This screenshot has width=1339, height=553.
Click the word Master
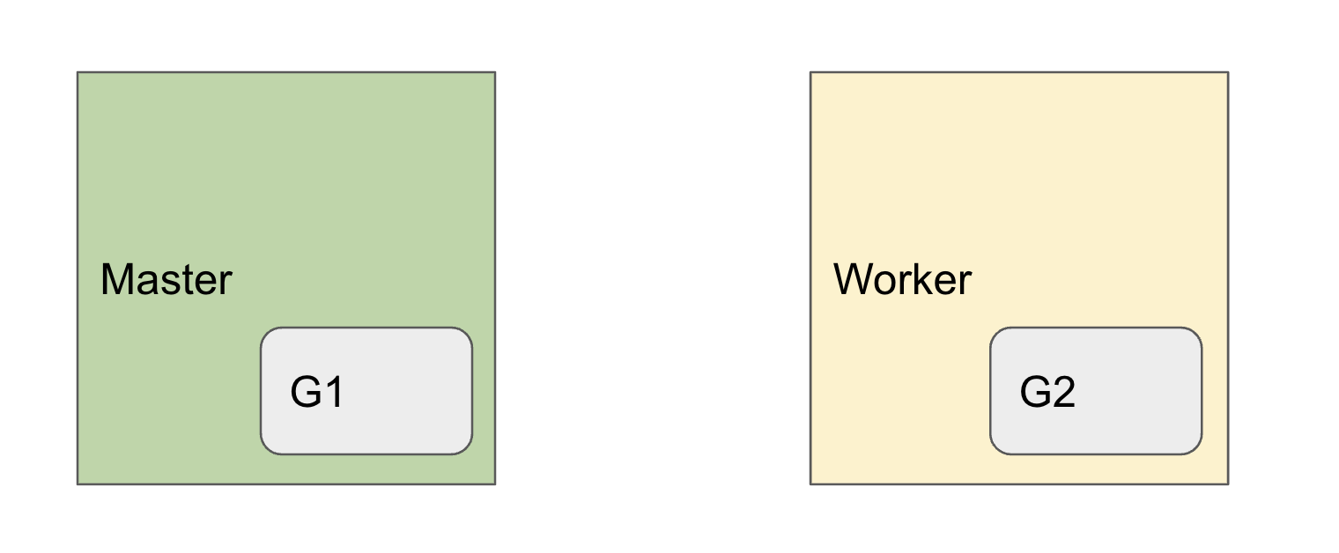click(166, 280)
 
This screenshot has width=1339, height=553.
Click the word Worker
click(902, 280)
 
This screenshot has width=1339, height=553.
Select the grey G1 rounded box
click(366, 391)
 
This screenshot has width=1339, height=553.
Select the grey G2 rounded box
click(1096, 391)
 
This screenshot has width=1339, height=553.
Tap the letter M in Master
click(117, 280)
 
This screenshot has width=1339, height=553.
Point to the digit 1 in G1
click(333, 393)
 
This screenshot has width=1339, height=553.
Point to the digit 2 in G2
click(1063, 393)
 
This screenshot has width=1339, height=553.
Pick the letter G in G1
click(306, 393)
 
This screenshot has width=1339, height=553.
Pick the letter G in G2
click(1035, 393)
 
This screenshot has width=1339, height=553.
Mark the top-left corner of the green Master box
click(78, 72)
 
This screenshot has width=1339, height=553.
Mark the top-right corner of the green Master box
click(494, 72)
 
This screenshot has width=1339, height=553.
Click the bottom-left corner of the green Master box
click(78, 483)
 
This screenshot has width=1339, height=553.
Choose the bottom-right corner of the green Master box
click(494, 483)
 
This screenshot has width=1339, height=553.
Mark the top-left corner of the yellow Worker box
click(811, 72)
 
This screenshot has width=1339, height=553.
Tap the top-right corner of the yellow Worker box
click(1227, 72)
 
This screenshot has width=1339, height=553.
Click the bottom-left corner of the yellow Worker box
click(811, 483)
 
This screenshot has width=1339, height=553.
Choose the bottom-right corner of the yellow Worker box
click(1227, 483)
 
